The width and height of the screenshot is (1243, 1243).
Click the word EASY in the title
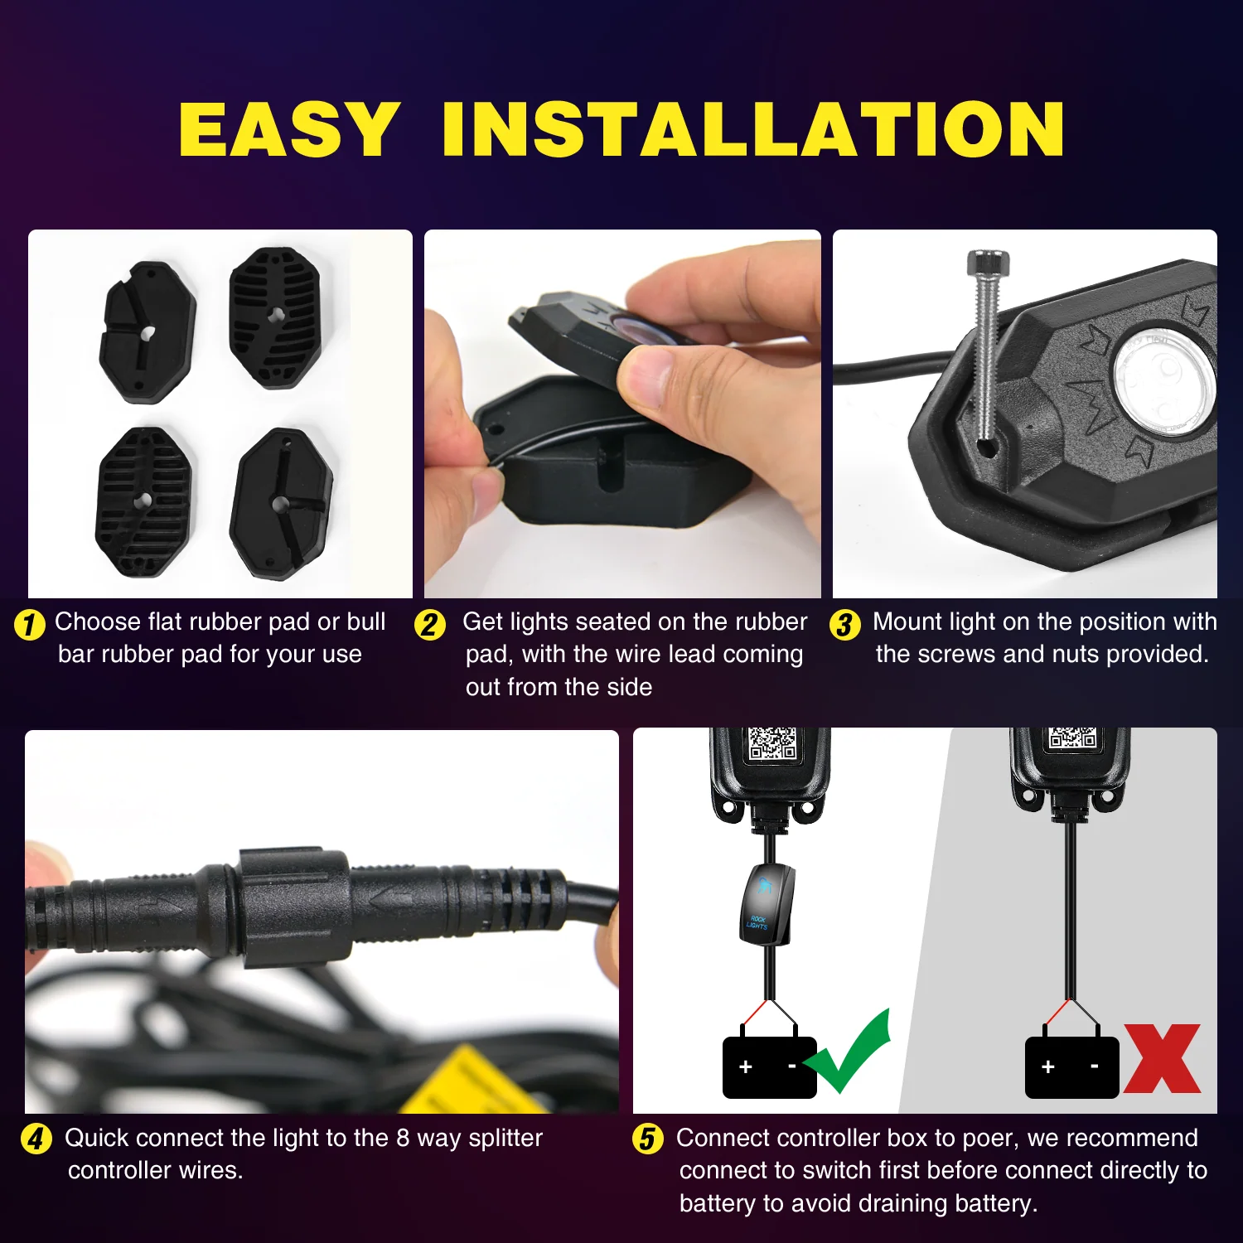click(x=289, y=129)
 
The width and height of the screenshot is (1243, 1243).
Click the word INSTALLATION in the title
click(x=752, y=129)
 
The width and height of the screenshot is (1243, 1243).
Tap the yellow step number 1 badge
click(x=30, y=625)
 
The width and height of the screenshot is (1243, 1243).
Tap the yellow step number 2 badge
click(x=429, y=625)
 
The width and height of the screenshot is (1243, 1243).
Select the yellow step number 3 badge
click(x=844, y=625)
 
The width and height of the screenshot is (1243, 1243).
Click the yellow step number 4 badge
click(x=36, y=1139)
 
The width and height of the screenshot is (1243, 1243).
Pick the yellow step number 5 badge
click(x=648, y=1139)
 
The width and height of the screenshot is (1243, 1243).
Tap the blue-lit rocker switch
click(x=767, y=905)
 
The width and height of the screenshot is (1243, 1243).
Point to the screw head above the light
click(x=989, y=265)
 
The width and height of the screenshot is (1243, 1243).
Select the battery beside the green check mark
click(x=769, y=1066)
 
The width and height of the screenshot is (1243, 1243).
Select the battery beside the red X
click(x=1071, y=1066)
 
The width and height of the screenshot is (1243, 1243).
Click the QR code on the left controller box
click(x=771, y=742)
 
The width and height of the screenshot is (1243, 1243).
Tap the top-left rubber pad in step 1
click(x=147, y=332)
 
